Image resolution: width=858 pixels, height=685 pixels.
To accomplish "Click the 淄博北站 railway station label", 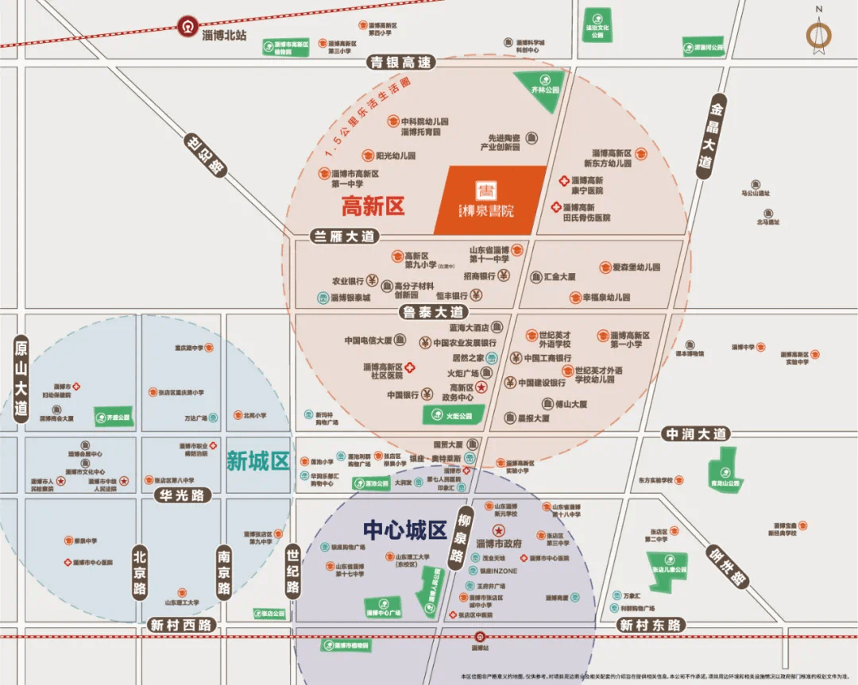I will click(224, 36).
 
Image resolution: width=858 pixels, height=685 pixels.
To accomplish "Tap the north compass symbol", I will click(818, 34).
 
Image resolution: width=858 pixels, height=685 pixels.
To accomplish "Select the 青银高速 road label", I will click(402, 62).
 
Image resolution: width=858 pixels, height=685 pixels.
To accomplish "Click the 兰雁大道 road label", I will click(344, 236).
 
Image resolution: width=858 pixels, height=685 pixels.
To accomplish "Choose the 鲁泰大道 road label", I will click(433, 312).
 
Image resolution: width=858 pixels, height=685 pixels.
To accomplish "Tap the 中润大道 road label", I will click(696, 434).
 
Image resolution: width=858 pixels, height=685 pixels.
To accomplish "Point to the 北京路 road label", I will click(141, 570).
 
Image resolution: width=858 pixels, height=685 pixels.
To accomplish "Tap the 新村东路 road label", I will click(651, 625).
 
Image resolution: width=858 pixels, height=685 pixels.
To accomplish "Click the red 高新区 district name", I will click(373, 206).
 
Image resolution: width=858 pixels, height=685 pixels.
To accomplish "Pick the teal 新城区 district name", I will click(257, 460).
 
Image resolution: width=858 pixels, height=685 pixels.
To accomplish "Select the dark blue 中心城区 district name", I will click(404, 529).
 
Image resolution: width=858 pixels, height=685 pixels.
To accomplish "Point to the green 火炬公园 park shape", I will click(453, 414).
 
